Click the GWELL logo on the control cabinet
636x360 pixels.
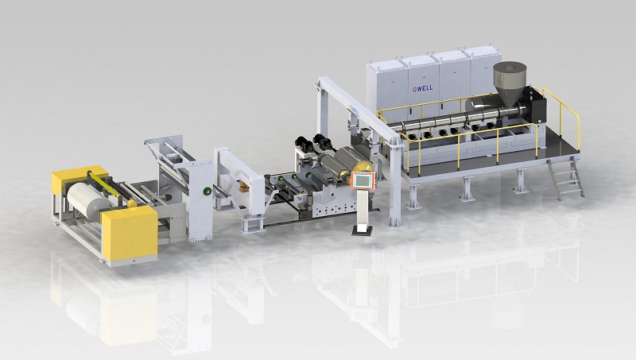click(423, 87)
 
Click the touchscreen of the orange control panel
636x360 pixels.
click(364, 180)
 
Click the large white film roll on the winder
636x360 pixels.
click(87, 198)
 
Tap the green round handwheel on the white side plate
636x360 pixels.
click(207, 191)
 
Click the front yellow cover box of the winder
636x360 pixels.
click(130, 232)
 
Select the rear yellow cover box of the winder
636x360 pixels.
click(77, 179)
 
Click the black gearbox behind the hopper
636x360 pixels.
click(534, 106)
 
